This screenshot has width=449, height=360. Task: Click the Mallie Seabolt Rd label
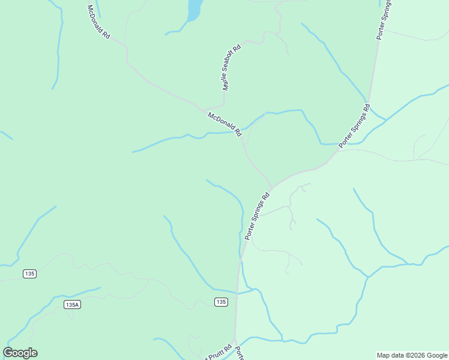[231, 67]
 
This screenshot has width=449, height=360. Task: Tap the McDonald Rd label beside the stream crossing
[224, 124]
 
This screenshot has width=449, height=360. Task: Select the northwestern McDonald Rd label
[99, 22]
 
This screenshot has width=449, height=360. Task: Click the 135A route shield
[72, 305]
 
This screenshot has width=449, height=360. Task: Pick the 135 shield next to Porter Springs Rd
[221, 302]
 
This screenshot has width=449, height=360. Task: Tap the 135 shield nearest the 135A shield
[30, 274]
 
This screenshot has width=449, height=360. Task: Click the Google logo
[20, 353]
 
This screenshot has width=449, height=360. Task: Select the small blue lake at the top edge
[195, 9]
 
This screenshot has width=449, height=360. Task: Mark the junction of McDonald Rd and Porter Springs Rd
[272, 187]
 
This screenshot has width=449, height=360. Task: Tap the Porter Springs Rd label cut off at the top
[384, 19]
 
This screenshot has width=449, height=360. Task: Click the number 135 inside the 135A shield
[70, 305]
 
